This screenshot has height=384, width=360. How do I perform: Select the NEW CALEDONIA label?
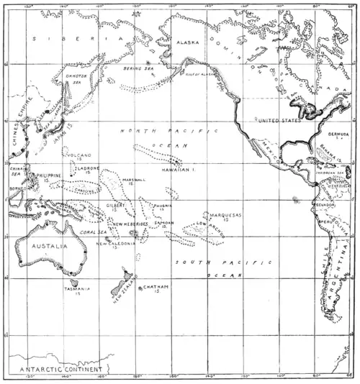(x=115, y=243)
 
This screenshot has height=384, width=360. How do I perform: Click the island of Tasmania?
(x=73, y=283)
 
